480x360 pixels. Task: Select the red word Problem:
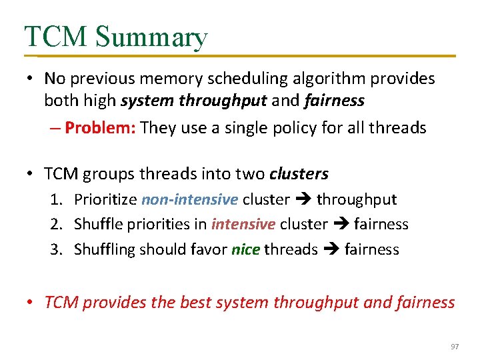[101, 127]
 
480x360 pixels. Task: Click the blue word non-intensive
[189, 199]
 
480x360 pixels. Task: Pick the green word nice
[245, 249]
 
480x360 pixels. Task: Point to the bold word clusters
[299, 174]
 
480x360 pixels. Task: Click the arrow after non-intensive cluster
[303, 200]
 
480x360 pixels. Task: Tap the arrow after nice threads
[331, 250]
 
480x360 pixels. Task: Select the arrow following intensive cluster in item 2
[341, 225]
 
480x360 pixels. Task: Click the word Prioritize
[105, 199]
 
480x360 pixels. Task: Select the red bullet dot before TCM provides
[31, 302]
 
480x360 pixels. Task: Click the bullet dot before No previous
[31, 79]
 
